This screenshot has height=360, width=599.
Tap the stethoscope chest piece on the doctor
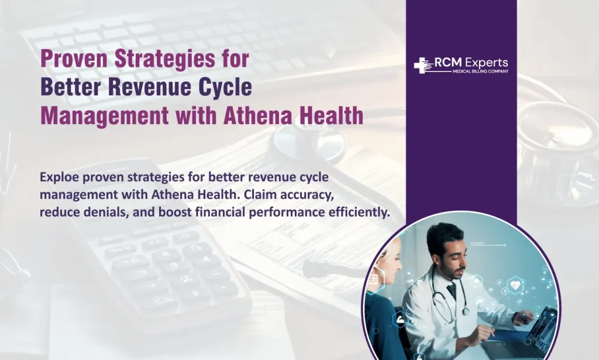coord(466,311)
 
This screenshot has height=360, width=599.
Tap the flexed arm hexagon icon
coord(401,319)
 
